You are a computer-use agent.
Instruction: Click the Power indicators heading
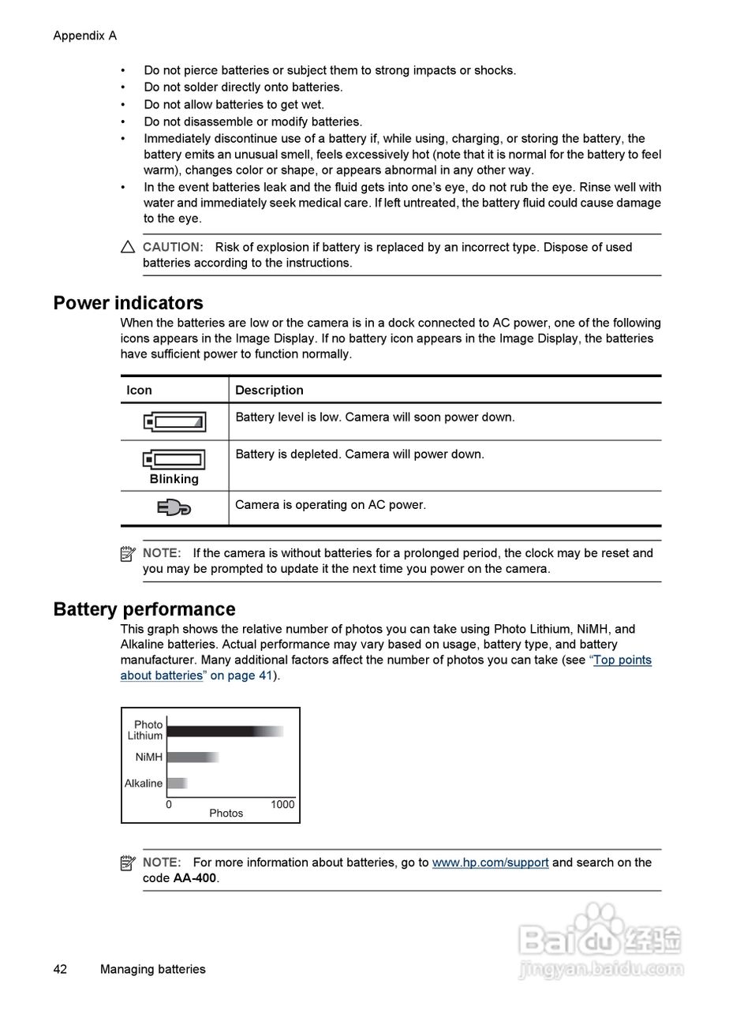(x=128, y=303)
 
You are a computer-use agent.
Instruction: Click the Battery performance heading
(x=144, y=609)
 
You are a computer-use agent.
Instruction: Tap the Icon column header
(x=139, y=390)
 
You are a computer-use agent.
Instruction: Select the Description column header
(x=269, y=390)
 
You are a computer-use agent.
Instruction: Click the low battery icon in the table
(x=174, y=422)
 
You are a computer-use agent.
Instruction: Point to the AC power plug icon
(x=174, y=507)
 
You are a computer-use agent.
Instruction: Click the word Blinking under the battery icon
(x=174, y=479)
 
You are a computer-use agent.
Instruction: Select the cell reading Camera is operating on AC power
(x=331, y=505)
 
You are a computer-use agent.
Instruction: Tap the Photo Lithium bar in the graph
(x=224, y=731)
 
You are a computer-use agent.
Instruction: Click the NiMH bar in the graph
(x=192, y=757)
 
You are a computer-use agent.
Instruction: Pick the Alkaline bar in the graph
(x=177, y=784)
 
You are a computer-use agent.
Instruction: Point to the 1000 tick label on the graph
(x=282, y=805)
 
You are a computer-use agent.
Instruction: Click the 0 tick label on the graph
(x=169, y=805)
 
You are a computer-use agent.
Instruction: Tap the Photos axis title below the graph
(x=226, y=814)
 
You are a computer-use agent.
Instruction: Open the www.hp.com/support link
(x=490, y=862)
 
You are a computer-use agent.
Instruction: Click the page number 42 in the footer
(x=60, y=970)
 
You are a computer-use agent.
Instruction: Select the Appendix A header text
(x=84, y=36)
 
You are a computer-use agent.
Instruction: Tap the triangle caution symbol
(x=128, y=247)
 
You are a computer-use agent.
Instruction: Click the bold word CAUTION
(x=173, y=247)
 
